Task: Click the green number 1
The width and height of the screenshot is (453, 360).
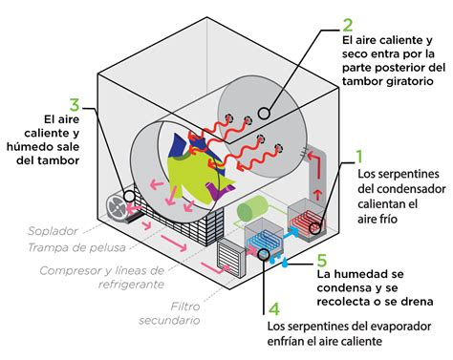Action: tap(359, 157)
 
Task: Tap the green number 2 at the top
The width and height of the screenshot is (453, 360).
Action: tap(347, 26)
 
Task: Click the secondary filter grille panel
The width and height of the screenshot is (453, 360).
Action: tap(230, 256)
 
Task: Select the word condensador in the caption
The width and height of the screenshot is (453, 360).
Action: tap(400, 189)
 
